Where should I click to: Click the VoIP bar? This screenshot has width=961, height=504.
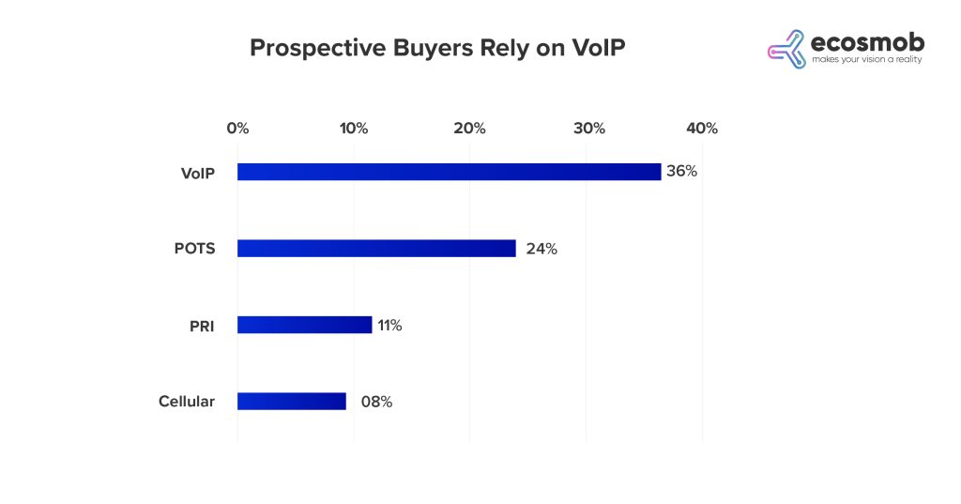pos(449,172)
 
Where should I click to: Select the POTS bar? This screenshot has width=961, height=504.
pos(376,249)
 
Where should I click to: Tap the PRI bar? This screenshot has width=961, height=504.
pos(304,325)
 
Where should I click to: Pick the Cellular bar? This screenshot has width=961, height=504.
pos(292,401)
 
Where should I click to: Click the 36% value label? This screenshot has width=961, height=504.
pos(682,172)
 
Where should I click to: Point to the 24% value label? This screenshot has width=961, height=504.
pos(542,249)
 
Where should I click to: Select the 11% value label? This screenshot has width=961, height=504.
pos(389,325)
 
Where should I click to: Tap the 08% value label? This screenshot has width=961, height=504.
pos(376,402)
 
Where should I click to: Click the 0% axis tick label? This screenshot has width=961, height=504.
pos(237,129)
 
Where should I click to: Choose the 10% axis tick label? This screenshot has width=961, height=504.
pos(354,129)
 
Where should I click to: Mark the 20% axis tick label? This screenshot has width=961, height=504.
pos(469,129)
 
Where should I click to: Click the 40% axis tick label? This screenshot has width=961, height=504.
pos(702,129)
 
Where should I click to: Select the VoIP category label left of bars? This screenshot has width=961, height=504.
pos(197,173)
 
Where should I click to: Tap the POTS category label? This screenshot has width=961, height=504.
pos(194,249)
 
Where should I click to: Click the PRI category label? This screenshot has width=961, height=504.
pos(202,325)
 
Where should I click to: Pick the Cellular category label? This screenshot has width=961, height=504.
pos(187,402)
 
